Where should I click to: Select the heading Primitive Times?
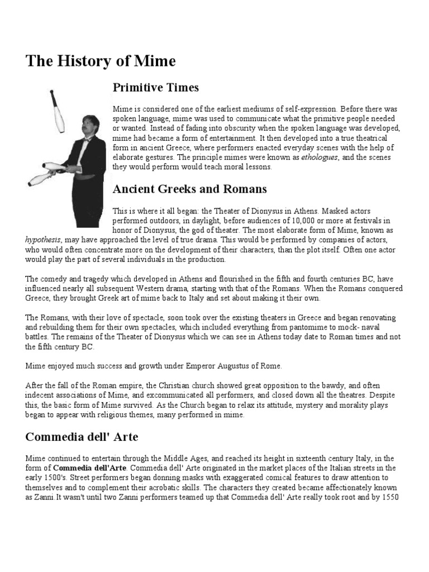point(156,88)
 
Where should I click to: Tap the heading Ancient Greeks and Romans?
point(190,189)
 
